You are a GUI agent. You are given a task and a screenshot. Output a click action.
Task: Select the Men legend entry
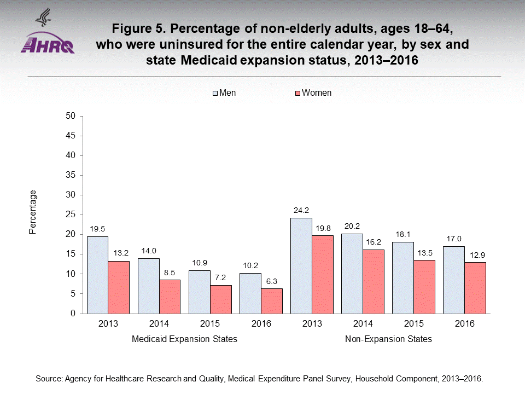[x=224, y=93]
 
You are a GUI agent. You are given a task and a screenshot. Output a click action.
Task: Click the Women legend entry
[x=313, y=93]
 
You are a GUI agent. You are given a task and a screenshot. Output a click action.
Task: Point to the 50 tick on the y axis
[x=70, y=116]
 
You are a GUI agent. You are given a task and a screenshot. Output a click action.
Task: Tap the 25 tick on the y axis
[x=70, y=215]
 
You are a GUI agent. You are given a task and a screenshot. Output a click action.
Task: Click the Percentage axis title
[x=33, y=212]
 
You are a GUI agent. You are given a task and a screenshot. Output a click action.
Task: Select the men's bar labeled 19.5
[x=97, y=275]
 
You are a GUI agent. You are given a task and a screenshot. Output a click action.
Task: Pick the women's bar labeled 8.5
[x=170, y=297]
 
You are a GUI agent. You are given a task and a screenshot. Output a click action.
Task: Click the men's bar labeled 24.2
[x=301, y=265]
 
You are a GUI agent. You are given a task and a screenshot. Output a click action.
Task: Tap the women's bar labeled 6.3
[x=272, y=301]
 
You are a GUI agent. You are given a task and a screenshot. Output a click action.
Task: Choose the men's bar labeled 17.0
[x=453, y=280]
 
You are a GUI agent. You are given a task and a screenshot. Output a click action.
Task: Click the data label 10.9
[x=199, y=263]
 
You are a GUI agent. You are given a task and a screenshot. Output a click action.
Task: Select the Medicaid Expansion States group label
[x=185, y=339]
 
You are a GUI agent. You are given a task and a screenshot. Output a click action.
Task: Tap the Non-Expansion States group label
[x=388, y=339]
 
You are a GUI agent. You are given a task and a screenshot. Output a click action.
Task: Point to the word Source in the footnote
[x=48, y=379]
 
